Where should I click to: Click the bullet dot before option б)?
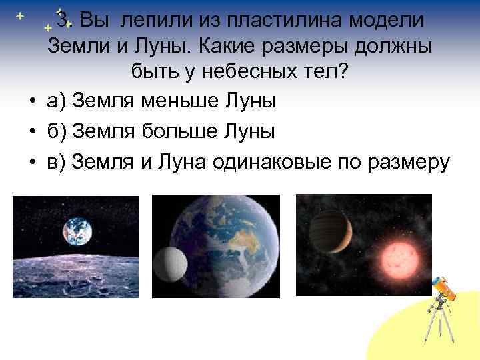pyautogui.click(x=32, y=132)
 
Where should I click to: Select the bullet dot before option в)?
pyautogui.click(x=32, y=162)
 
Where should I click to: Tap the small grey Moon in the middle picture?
pyautogui.click(x=169, y=263)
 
